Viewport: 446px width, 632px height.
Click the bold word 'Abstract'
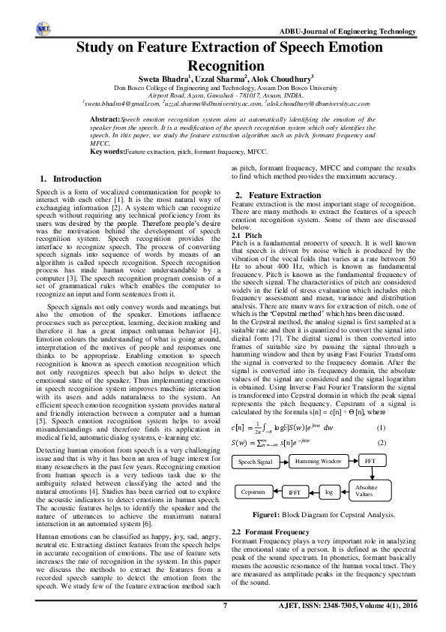(x=104, y=119)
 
